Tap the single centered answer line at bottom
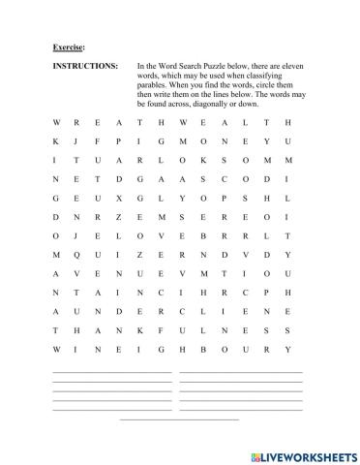coord(179,419)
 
